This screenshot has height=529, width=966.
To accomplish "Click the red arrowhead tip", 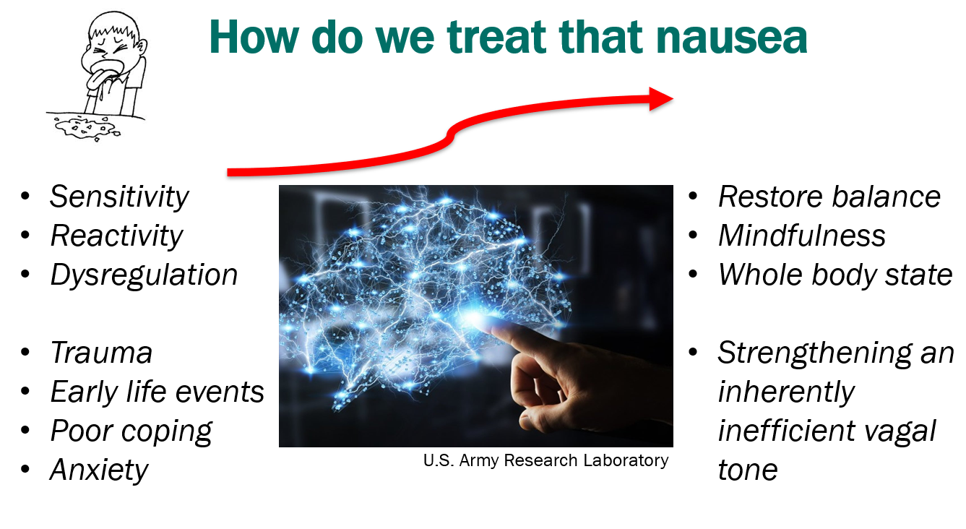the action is (673, 99).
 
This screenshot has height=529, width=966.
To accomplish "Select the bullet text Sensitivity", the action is (119, 197).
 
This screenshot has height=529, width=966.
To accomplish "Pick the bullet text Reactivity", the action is (116, 236).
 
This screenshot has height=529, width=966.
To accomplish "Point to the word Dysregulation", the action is (144, 275).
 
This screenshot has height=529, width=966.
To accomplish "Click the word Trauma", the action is (101, 353).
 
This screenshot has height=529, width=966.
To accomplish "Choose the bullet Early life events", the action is (157, 392).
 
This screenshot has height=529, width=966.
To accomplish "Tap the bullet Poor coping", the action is (131, 431).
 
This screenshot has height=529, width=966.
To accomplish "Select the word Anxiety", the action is (99, 470).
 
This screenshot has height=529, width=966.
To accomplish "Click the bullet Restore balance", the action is (829, 197).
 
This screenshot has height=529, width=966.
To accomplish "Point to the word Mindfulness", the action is (802, 236).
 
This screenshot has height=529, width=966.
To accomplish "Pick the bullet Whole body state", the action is (835, 275).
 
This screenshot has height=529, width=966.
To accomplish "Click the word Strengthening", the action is (814, 353).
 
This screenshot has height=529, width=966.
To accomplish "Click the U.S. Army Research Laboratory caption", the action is (545, 460).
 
